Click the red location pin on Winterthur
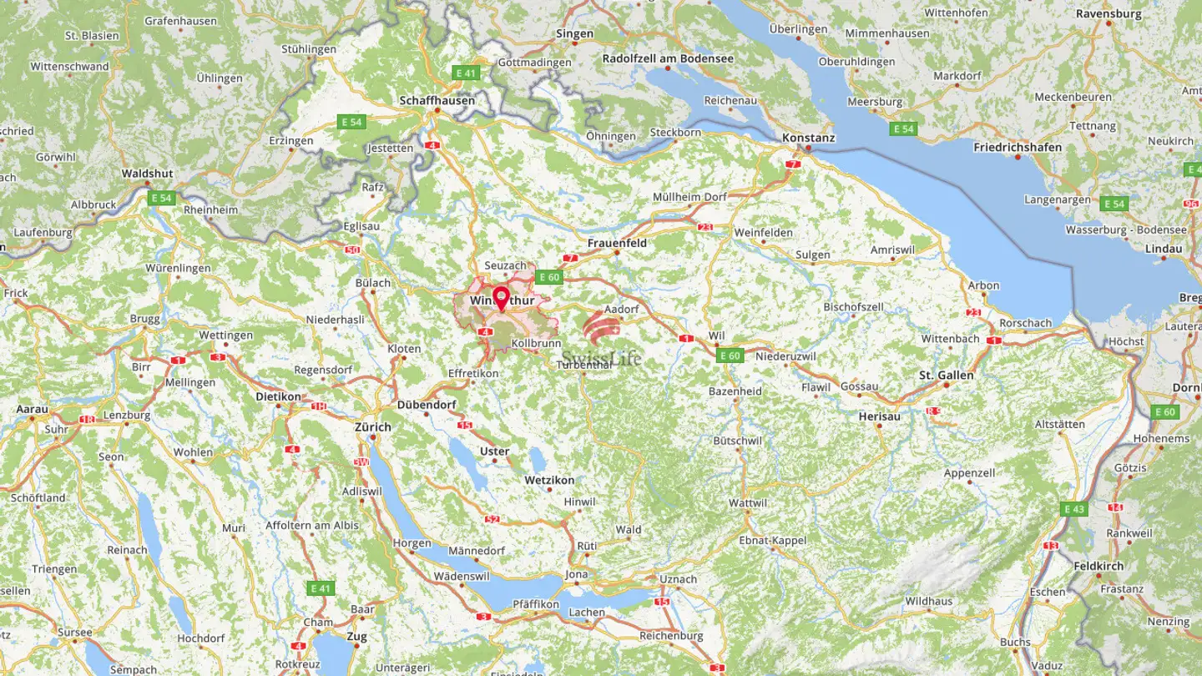pos(501,297)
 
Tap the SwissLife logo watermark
pos(602,342)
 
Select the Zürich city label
pos(372,427)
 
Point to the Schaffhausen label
pos(437,100)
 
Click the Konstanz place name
pos(808,138)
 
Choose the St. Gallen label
pos(946,376)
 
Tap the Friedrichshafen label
pos(1018,148)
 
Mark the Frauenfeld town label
pos(617,243)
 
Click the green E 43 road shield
pos(1074,509)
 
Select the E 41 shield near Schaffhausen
pos(466,73)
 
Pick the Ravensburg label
pos(1109,13)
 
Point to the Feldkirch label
pos(1098,566)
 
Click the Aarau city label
pos(32,410)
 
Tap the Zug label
pos(356,636)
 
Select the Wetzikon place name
pos(549,481)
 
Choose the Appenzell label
pos(969,473)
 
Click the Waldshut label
pos(147,174)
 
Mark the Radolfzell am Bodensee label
pos(668,58)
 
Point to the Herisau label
pos(879,416)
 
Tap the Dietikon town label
pos(278,397)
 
